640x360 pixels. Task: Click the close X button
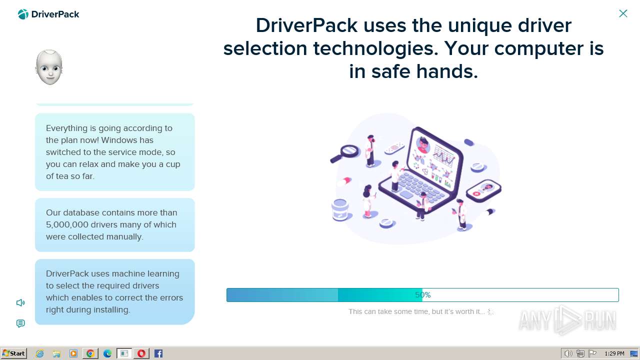click(x=623, y=13)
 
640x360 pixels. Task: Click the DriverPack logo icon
click(x=23, y=14)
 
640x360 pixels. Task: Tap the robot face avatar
click(x=49, y=67)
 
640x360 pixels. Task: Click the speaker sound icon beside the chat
click(x=20, y=302)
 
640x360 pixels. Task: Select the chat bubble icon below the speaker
click(x=20, y=323)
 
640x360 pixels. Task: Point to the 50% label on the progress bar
click(x=423, y=295)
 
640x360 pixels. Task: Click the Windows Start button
click(x=13, y=353)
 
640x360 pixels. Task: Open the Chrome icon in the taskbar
click(x=90, y=353)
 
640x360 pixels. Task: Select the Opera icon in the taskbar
click(x=141, y=353)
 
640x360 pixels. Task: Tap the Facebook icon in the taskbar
click(x=158, y=353)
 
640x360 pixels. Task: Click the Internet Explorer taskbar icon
click(x=39, y=353)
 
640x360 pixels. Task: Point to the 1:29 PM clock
click(x=614, y=353)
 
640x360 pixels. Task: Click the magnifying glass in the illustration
click(x=345, y=153)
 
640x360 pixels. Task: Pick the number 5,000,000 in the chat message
click(x=67, y=224)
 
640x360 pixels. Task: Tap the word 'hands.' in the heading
click(x=447, y=71)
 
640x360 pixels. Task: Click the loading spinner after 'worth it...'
click(x=490, y=311)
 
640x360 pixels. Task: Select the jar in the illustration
click(x=340, y=210)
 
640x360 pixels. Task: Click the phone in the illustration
click(x=483, y=190)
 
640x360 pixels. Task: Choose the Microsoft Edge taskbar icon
click(x=107, y=353)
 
